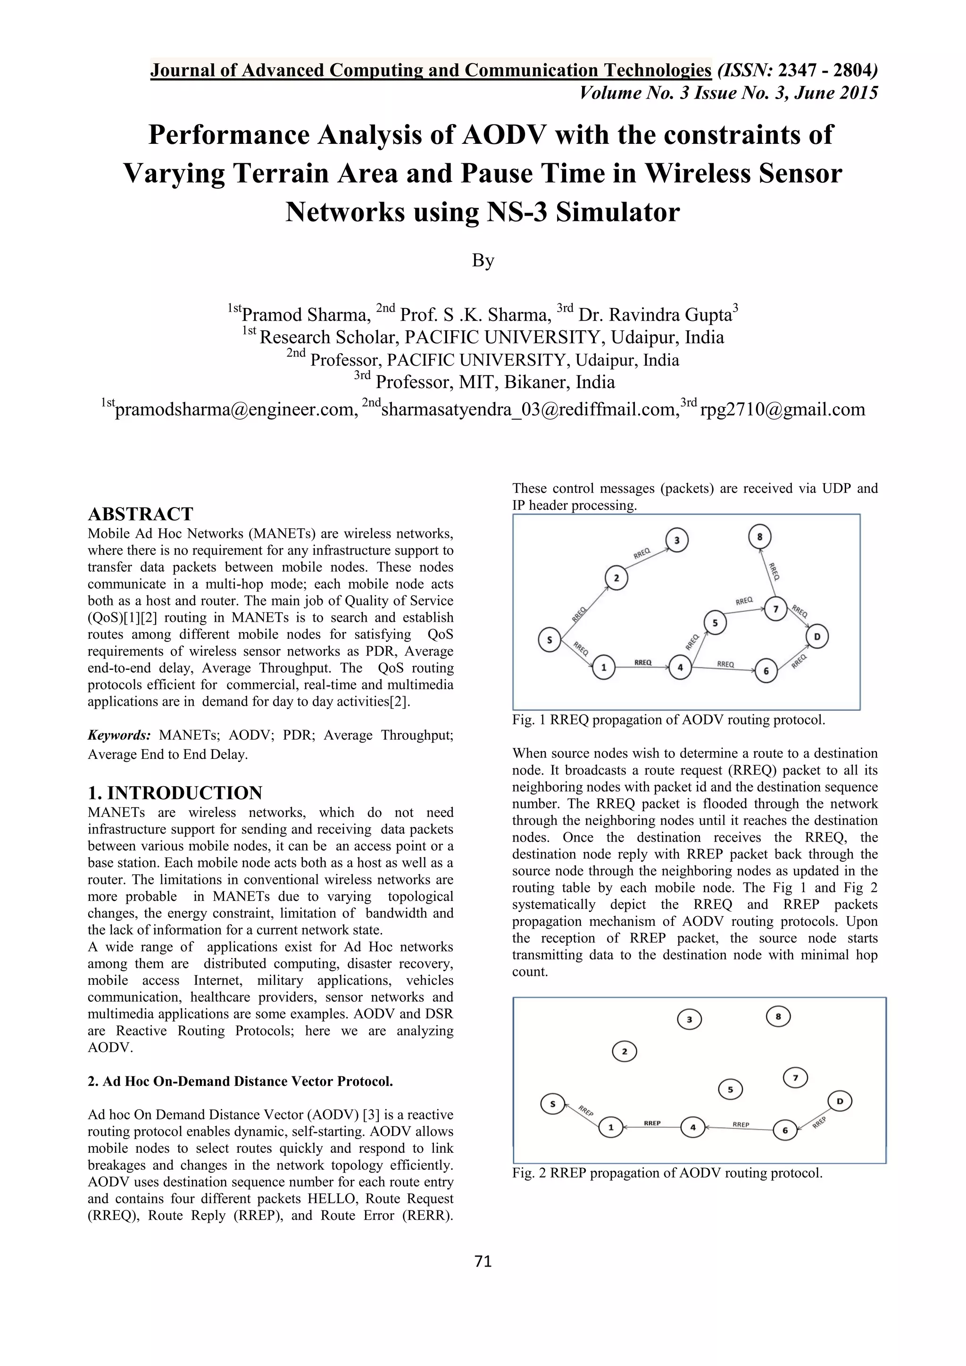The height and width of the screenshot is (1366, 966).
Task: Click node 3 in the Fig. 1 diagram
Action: coord(677,540)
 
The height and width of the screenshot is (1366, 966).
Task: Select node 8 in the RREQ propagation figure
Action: coord(759,537)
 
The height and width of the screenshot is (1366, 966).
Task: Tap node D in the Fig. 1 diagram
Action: coord(817,637)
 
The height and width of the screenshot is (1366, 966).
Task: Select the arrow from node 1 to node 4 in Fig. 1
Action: coord(642,667)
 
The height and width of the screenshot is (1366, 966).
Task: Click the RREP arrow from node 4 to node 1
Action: coord(652,1127)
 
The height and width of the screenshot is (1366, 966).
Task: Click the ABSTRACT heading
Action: coord(141,514)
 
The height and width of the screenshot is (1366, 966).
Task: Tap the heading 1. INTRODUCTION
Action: coord(175,793)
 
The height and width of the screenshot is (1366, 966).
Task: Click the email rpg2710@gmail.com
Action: coord(783,409)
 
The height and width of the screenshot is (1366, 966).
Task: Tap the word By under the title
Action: coord(483,260)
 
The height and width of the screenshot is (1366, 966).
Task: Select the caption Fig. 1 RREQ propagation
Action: coord(668,720)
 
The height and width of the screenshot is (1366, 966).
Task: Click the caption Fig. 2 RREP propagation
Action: coord(667,1173)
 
